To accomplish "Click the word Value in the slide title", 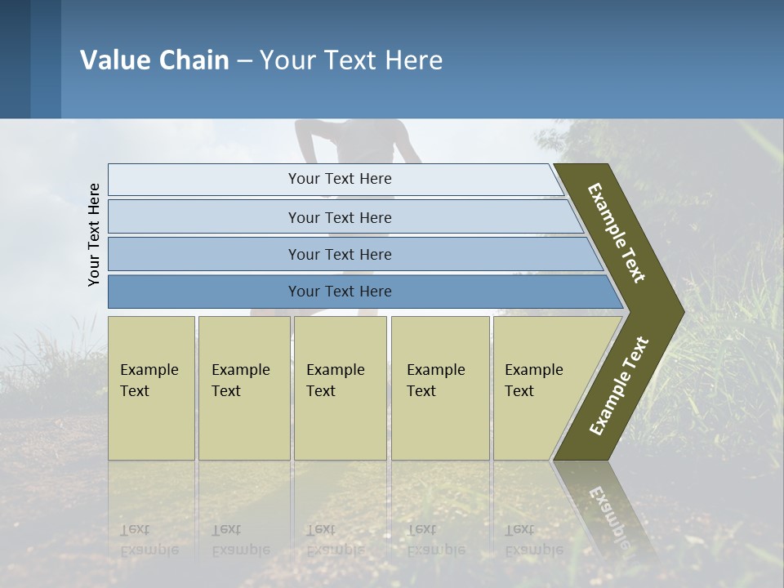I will coord(114,60).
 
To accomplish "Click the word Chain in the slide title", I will coord(194,60).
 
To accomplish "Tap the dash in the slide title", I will coord(244,61).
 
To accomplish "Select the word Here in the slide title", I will coord(413,60).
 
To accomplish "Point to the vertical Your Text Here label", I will coord(94,234).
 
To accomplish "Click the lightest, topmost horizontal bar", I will coord(335,179).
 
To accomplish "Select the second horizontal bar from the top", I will coord(340,217).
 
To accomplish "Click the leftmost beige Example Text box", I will coord(151,388).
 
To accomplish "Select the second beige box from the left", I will coord(243,388).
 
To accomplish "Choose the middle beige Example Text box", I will coord(340,388).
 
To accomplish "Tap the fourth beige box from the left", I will coord(439,388).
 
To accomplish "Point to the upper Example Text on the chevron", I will coord(617,233).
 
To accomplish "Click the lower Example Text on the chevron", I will coord(618,386).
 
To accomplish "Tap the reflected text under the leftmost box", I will coord(149,539).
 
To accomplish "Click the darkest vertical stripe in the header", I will coord(15,59).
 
